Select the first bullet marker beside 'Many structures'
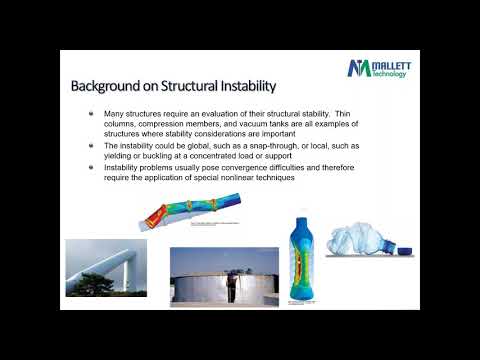[x=92, y=114]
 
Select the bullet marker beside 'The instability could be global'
[x=92, y=144]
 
